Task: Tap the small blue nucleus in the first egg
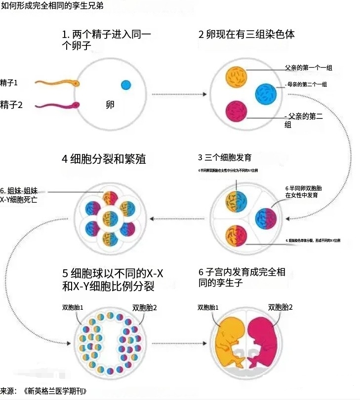(126, 85)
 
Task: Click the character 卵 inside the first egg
(110, 105)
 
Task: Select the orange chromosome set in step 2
(237, 76)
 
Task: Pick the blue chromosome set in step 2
(266, 94)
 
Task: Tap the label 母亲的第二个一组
(307, 84)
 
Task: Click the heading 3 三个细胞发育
(225, 158)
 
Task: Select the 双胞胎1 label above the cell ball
(72, 307)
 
